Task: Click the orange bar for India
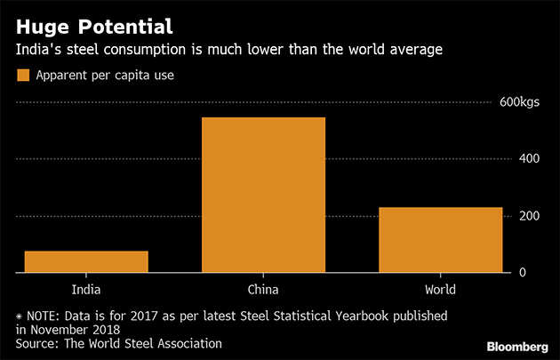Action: (x=86, y=261)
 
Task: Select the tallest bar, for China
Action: (x=263, y=195)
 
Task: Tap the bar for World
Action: (x=441, y=239)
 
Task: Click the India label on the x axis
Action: (x=86, y=290)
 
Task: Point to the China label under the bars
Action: (x=263, y=290)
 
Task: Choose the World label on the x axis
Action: (x=440, y=290)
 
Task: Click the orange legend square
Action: (x=23, y=76)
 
